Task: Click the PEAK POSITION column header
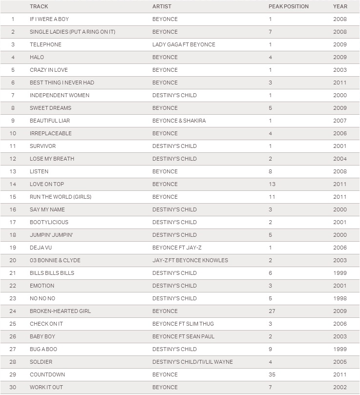click(x=288, y=6)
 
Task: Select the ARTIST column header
click(x=162, y=6)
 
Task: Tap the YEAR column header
click(x=340, y=6)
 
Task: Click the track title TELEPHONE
click(x=45, y=44)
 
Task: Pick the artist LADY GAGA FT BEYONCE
click(x=184, y=44)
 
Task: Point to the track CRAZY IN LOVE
click(x=49, y=70)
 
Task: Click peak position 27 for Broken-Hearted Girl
click(x=272, y=311)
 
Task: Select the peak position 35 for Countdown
click(x=272, y=374)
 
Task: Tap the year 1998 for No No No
click(x=340, y=298)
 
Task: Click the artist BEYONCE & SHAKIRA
click(x=179, y=121)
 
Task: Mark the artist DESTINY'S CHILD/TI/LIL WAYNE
click(x=192, y=362)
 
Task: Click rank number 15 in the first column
click(x=13, y=197)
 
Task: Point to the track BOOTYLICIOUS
click(x=49, y=222)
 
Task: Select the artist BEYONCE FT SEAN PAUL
click(x=183, y=336)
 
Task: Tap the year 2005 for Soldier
click(x=340, y=362)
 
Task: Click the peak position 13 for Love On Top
click(x=272, y=184)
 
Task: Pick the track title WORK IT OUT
click(x=46, y=387)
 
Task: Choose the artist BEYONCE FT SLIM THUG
click(x=183, y=324)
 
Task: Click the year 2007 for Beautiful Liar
click(x=340, y=121)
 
